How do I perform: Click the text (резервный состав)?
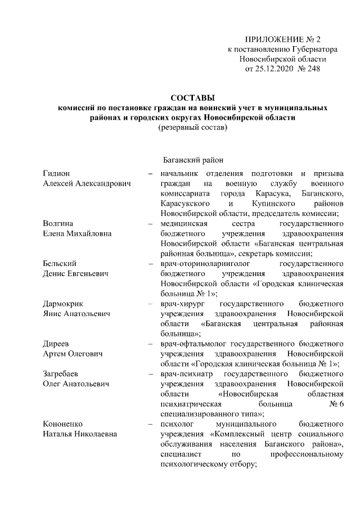click(x=193, y=128)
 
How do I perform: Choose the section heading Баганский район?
click(x=193, y=160)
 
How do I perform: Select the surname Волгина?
click(x=59, y=224)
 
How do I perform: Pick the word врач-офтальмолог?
click(x=195, y=343)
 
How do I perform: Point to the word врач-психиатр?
click(x=186, y=373)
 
